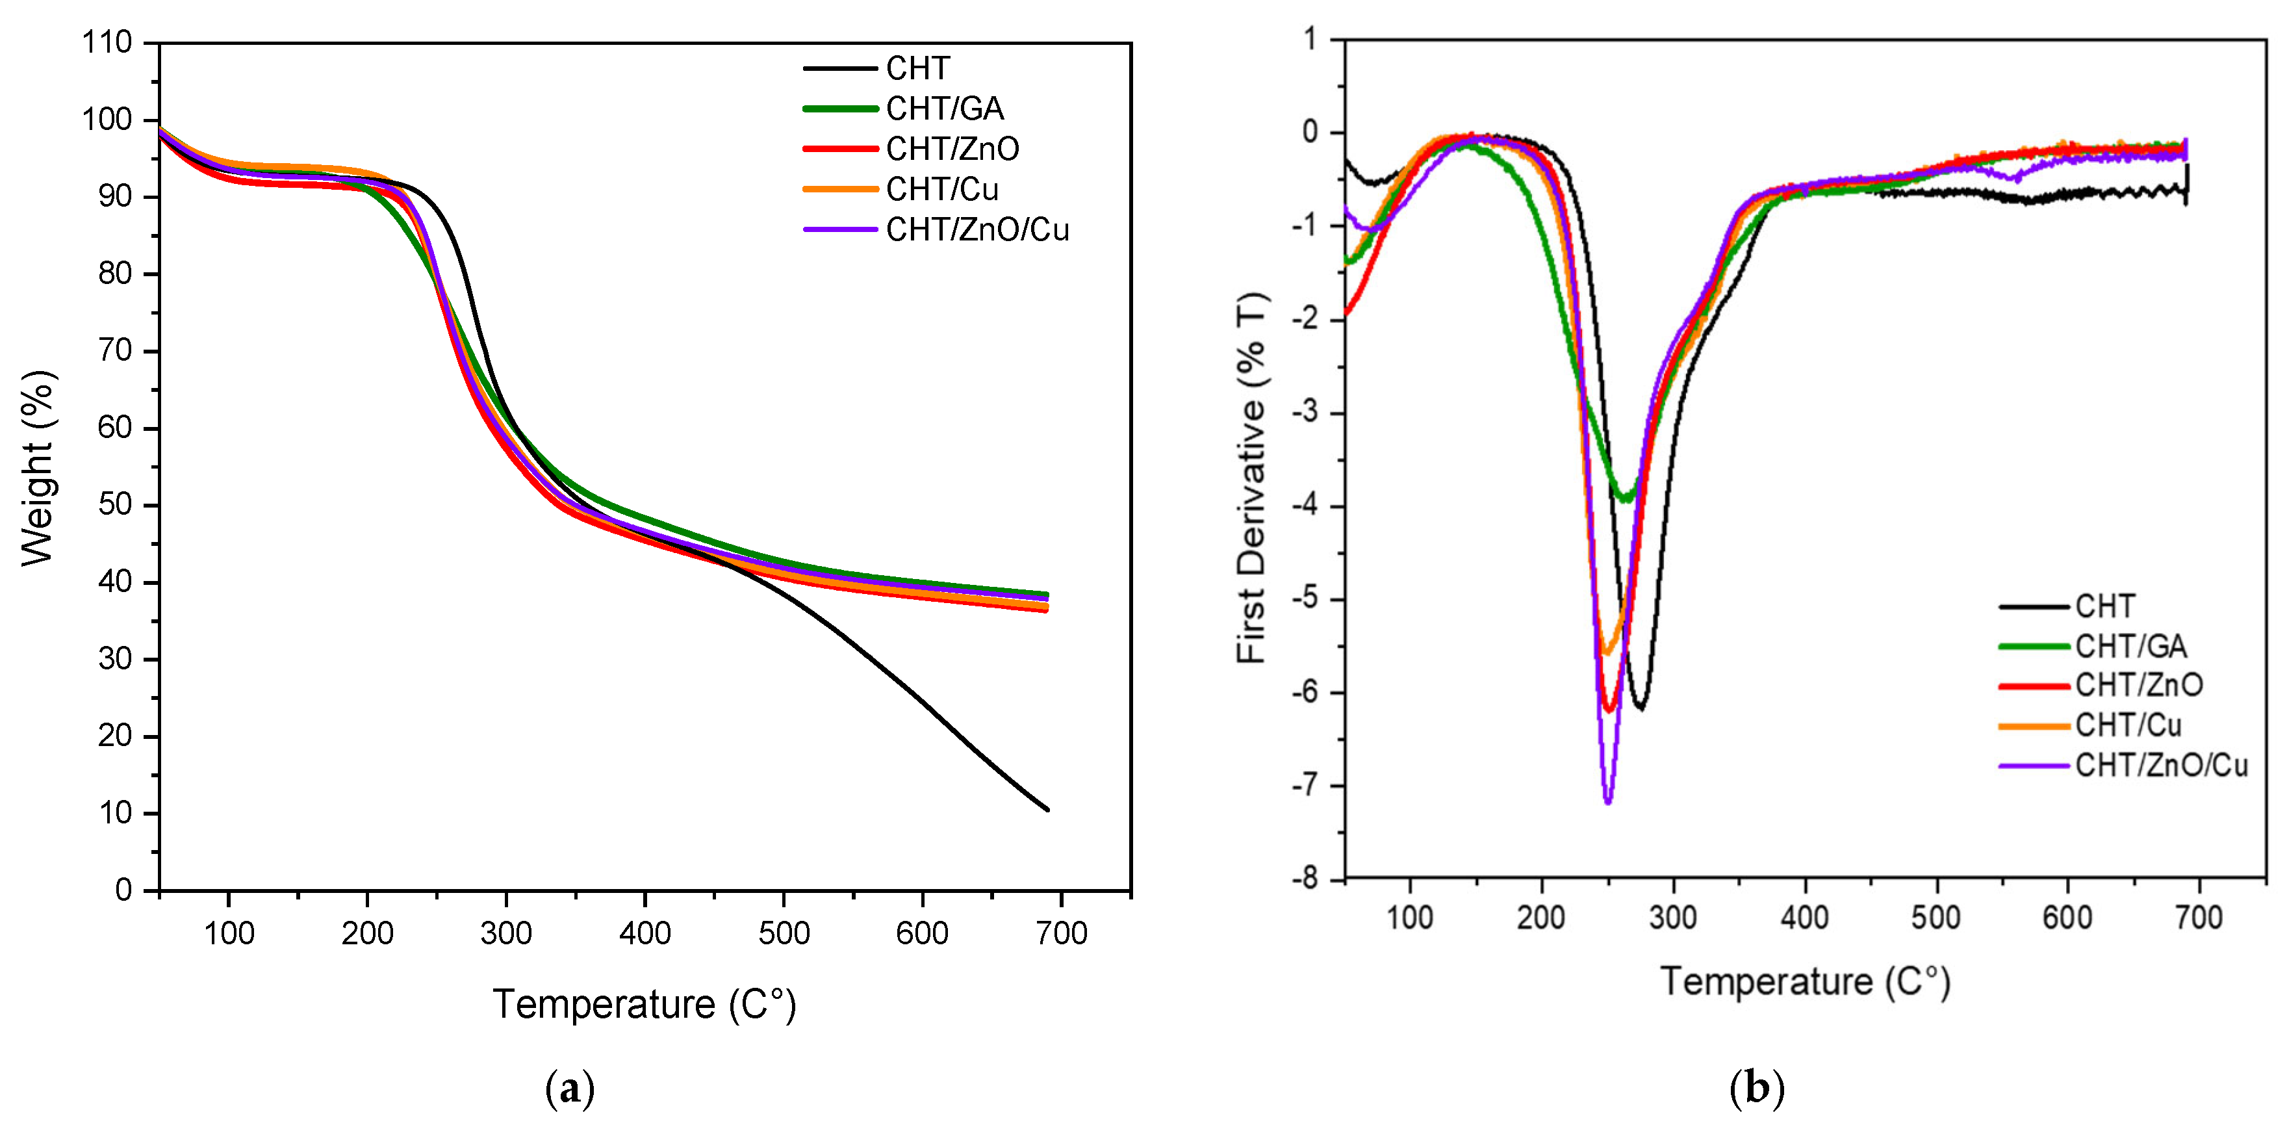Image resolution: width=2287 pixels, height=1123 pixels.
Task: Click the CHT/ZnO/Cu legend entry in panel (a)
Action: point(977,230)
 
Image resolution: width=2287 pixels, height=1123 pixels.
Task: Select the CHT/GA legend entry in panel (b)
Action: point(2130,646)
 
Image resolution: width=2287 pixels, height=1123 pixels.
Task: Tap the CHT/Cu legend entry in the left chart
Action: point(941,189)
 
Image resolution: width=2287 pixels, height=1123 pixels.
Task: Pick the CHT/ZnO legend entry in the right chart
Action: point(2138,686)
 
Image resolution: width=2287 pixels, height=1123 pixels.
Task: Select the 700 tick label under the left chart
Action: point(1061,933)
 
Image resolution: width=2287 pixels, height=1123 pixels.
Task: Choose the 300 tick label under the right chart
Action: point(1672,917)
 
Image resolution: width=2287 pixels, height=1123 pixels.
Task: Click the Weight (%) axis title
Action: point(38,467)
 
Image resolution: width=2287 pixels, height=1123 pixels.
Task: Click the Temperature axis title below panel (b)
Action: point(1804,982)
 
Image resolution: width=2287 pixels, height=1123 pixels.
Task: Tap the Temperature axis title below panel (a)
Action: point(644,1004)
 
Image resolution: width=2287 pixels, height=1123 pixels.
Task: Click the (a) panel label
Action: point(569,1089)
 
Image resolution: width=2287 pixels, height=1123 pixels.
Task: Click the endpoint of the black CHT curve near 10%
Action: point(1047,808)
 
